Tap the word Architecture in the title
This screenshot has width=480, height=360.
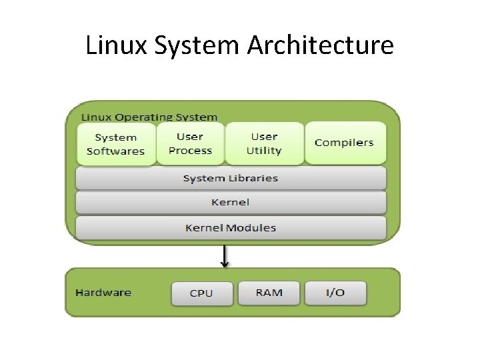[321, 46]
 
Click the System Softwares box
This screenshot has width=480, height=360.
[115, 143]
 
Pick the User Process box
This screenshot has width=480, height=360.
[190, 143]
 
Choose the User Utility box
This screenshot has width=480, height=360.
[264, 143]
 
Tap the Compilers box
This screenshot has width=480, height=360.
[344, 143]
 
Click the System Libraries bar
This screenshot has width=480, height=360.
[231, 178]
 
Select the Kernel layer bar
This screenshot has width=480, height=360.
[231, 202]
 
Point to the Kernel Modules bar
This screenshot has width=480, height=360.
[231, 227]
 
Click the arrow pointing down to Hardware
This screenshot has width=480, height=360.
[225, 255]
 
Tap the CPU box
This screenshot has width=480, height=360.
[201, 293]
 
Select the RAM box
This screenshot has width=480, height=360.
[269, 293]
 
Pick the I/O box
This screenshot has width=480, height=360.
[335, 293]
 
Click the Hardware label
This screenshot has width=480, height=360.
[103, 293]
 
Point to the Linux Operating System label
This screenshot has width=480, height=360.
[149, 117]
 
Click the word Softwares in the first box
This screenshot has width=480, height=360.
[115, 151]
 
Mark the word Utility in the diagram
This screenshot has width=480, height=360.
[264, 151]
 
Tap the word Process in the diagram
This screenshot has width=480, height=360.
[190, 151]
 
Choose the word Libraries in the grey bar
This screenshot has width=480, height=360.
[253, 178]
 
